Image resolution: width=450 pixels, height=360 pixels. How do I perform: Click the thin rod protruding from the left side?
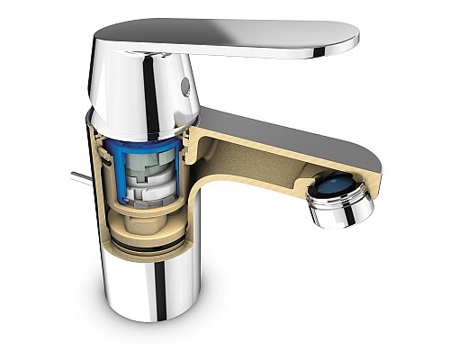coord(79,176)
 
